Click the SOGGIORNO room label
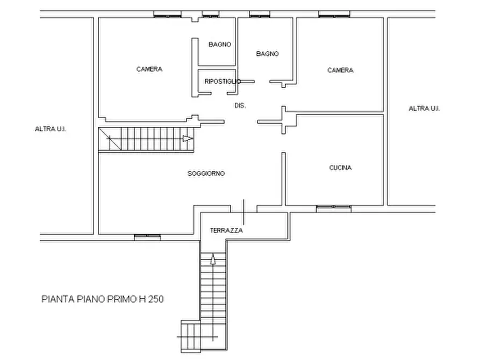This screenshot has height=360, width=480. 206,174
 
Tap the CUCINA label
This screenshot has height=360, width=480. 340,168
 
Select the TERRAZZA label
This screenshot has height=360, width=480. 226,231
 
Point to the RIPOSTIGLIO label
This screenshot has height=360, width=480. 223,82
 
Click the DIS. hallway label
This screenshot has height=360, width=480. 240,106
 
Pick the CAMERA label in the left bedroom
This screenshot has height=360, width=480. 149,69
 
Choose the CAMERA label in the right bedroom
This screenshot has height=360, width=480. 340,70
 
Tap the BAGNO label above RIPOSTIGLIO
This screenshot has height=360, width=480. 220,45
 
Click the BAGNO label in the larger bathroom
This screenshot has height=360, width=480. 268,54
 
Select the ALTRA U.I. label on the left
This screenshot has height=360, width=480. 51,129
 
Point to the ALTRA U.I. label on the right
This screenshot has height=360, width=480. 424,109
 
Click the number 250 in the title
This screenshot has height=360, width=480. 156,299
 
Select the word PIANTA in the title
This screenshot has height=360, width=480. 58,299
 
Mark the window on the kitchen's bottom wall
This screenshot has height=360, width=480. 334,209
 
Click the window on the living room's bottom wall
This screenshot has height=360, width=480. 148,237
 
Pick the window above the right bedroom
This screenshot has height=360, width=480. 334,14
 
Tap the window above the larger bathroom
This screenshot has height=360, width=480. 260,14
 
